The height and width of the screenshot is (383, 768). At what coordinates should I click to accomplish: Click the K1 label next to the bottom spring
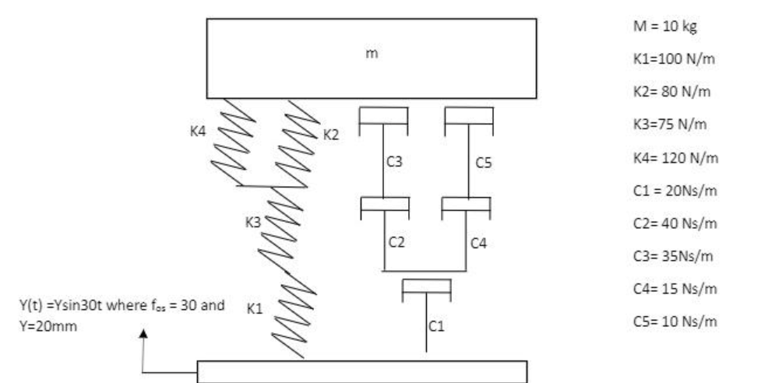point(254,307)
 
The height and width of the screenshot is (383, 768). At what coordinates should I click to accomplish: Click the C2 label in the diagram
point(397,242)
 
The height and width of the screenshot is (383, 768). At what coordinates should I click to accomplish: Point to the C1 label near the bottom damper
point(437,327)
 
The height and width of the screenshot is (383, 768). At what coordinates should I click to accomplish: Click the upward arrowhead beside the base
point(143,333)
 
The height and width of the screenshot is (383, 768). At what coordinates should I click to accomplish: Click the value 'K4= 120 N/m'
point(673,159)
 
